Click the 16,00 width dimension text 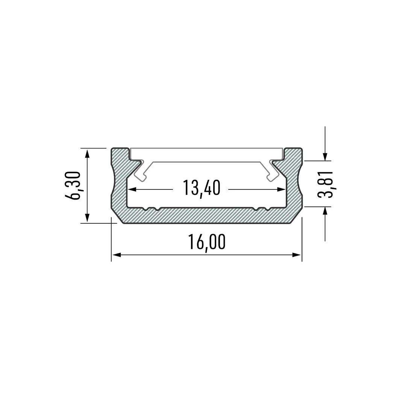[207, 242]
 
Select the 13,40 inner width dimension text [201, 188]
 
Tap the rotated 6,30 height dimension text [73, 185]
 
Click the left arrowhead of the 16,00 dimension [117, 255]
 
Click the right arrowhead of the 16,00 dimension [297, 255]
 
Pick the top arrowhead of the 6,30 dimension [87, 154]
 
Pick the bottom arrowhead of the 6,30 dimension [87, 218]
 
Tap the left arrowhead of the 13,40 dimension [132, 189]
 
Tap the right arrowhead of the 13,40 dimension [281, 189]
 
